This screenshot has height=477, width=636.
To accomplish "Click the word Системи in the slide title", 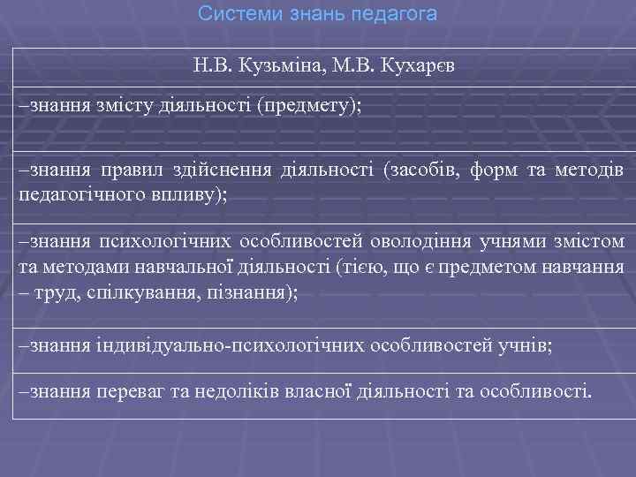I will pos(230,14).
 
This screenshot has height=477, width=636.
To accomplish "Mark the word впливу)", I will pos(188,193).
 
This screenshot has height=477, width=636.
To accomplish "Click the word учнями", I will pos(510,242).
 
